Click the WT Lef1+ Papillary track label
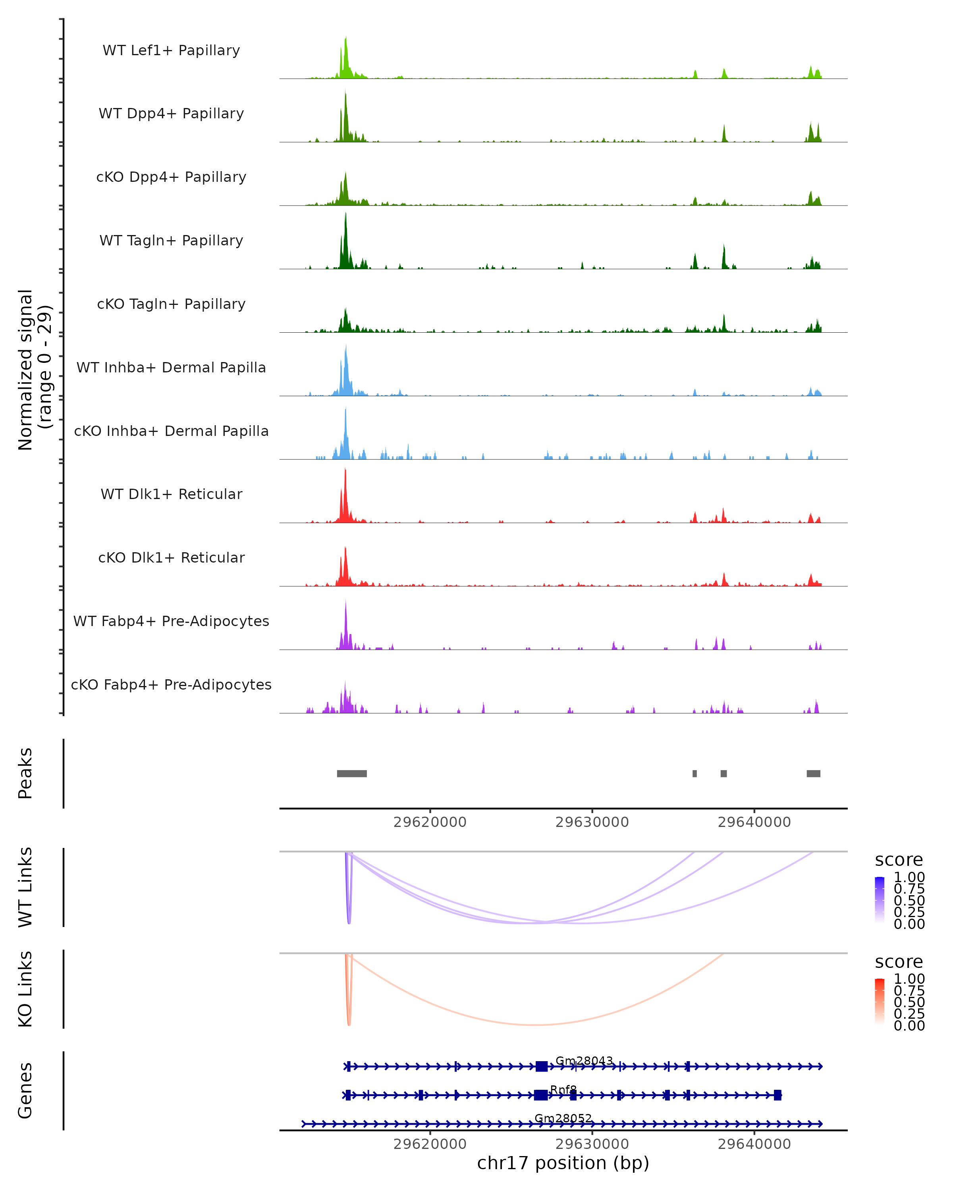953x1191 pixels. point(171,50)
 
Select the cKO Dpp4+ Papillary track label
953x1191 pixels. point(171,177)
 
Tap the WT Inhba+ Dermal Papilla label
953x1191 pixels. point(171,368)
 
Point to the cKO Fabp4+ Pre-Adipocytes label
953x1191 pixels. point(171,685)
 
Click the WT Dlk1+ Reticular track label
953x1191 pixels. point(171,494)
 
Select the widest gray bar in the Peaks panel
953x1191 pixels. point(352,773)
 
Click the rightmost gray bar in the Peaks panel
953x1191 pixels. point(813,773)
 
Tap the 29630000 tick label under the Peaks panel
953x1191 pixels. point(592,823)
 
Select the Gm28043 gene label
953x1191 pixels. point(584,1061)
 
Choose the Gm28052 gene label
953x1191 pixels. point(563,1118)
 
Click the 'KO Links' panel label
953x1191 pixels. point(25,989)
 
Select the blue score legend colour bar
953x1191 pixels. point(880,899)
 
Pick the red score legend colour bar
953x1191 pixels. point(880,1001)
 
